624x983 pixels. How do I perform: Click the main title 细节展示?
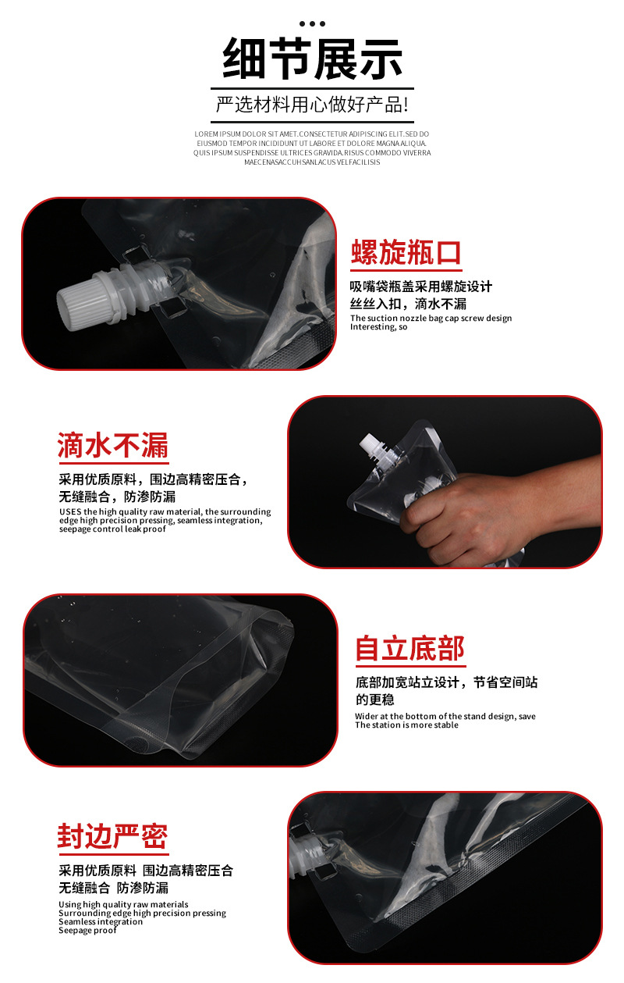tap(312, 59)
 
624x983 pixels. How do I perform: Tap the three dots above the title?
tap(312, 23)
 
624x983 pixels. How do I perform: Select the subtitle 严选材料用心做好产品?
tap(312, 105)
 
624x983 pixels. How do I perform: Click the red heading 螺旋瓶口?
tap(406, 253)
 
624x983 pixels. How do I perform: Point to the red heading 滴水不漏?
tap(113, 446)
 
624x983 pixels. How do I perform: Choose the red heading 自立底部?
tap(410, 649)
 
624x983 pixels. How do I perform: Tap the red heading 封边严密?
tap(113, 836)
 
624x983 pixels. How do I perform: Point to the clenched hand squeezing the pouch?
tap(441, 511)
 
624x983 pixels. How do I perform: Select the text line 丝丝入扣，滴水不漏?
tap(408, 304)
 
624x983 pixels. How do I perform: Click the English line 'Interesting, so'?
tap(379, 327)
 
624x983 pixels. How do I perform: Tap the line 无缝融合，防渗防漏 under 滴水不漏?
tap(117, 497)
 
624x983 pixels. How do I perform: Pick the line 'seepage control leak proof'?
tap(112, 529)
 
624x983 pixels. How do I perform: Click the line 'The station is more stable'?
tap(406, 725)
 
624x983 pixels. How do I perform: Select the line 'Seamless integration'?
tap(101, 922)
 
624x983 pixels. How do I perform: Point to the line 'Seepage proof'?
tap(87, 931)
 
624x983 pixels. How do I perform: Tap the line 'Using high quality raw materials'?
tap(123, 905)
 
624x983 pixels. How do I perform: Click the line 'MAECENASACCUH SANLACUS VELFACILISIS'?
tap(312, 162)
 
